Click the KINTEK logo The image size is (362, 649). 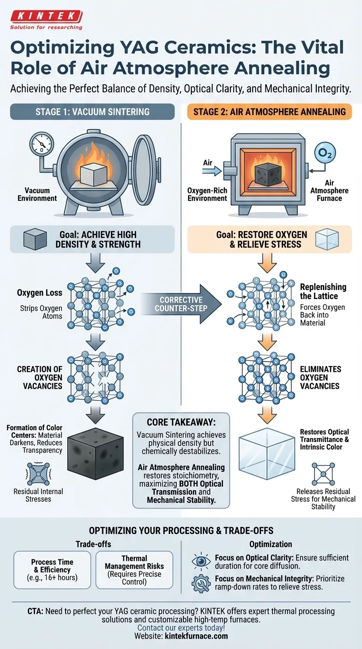[46, 17]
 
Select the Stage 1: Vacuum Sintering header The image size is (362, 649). [92, 112]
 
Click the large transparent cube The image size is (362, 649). [267, 451]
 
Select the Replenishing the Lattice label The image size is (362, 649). [323, 291]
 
